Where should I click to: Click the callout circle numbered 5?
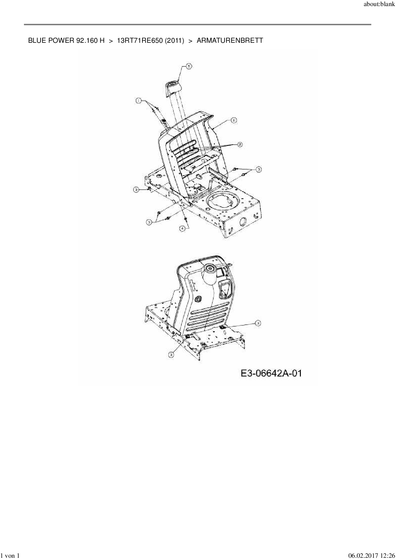click(x=189, y=66)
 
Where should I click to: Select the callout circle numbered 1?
click(x=138, y=101)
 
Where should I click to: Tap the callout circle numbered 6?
click(x=233, y=120)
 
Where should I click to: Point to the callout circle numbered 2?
click(x=239, y=144)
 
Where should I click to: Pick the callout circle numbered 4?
click(x=182, y=228)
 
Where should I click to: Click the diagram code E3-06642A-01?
click(x=271, y=373)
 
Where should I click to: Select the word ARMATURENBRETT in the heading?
click(x=230, y=41)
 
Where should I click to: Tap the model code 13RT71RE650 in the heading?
click(x=140, y=41)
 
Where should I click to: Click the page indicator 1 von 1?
click(x=11, y=556)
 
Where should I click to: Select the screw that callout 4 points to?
click(x=185, y=218)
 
